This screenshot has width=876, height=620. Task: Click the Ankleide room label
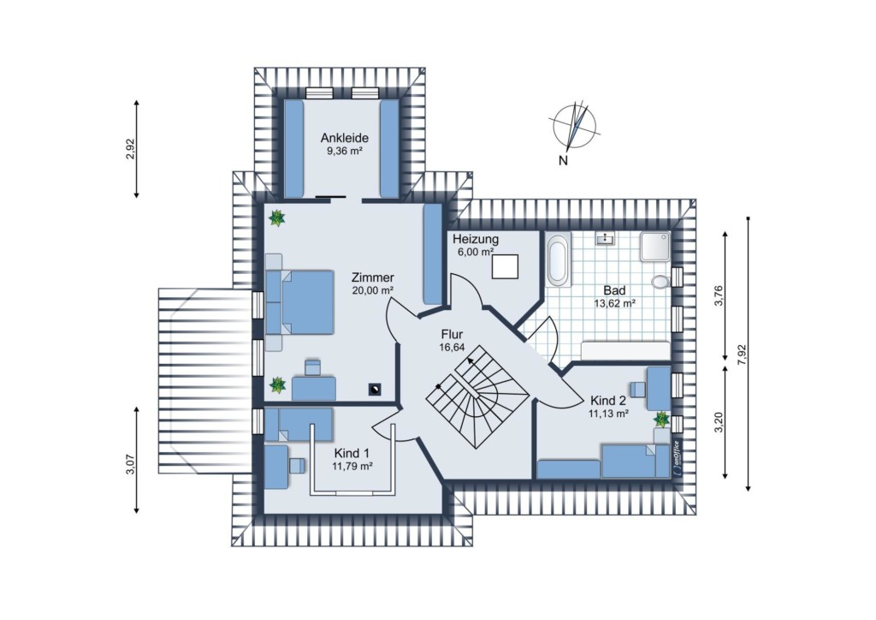tap(344, 138)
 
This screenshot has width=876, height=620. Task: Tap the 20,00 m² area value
tap(373, 290)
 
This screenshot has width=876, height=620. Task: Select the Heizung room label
tap(476, 239)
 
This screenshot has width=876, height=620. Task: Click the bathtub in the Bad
tap(558, 260)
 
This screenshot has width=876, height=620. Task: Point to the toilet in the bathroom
tap(660, 281)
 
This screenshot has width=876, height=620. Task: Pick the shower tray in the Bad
tap(655, 246)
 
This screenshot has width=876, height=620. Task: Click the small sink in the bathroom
tap(605, 239)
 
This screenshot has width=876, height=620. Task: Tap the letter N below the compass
tap(563, 161)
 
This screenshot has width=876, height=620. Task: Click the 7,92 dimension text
tap(742, 355)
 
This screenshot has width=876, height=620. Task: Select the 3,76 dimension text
tap(719, 295)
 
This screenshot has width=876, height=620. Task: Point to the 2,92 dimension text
tap(130, 149)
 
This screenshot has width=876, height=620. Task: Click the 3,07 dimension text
tap(130, 463)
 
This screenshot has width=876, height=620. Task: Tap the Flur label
tap(452, 334)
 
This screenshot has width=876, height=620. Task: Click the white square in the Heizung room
tap(505, 266)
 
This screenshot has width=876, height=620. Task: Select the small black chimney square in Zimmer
tap(375, 389)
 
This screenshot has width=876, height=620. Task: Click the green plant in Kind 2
tap(661, 419)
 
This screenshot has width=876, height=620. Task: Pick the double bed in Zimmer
tap(300, 302)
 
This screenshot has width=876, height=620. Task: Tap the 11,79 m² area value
tap(352, 466)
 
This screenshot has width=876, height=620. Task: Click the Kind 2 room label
tap(608, 401)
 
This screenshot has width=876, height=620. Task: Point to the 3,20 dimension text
tap(719, 422)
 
